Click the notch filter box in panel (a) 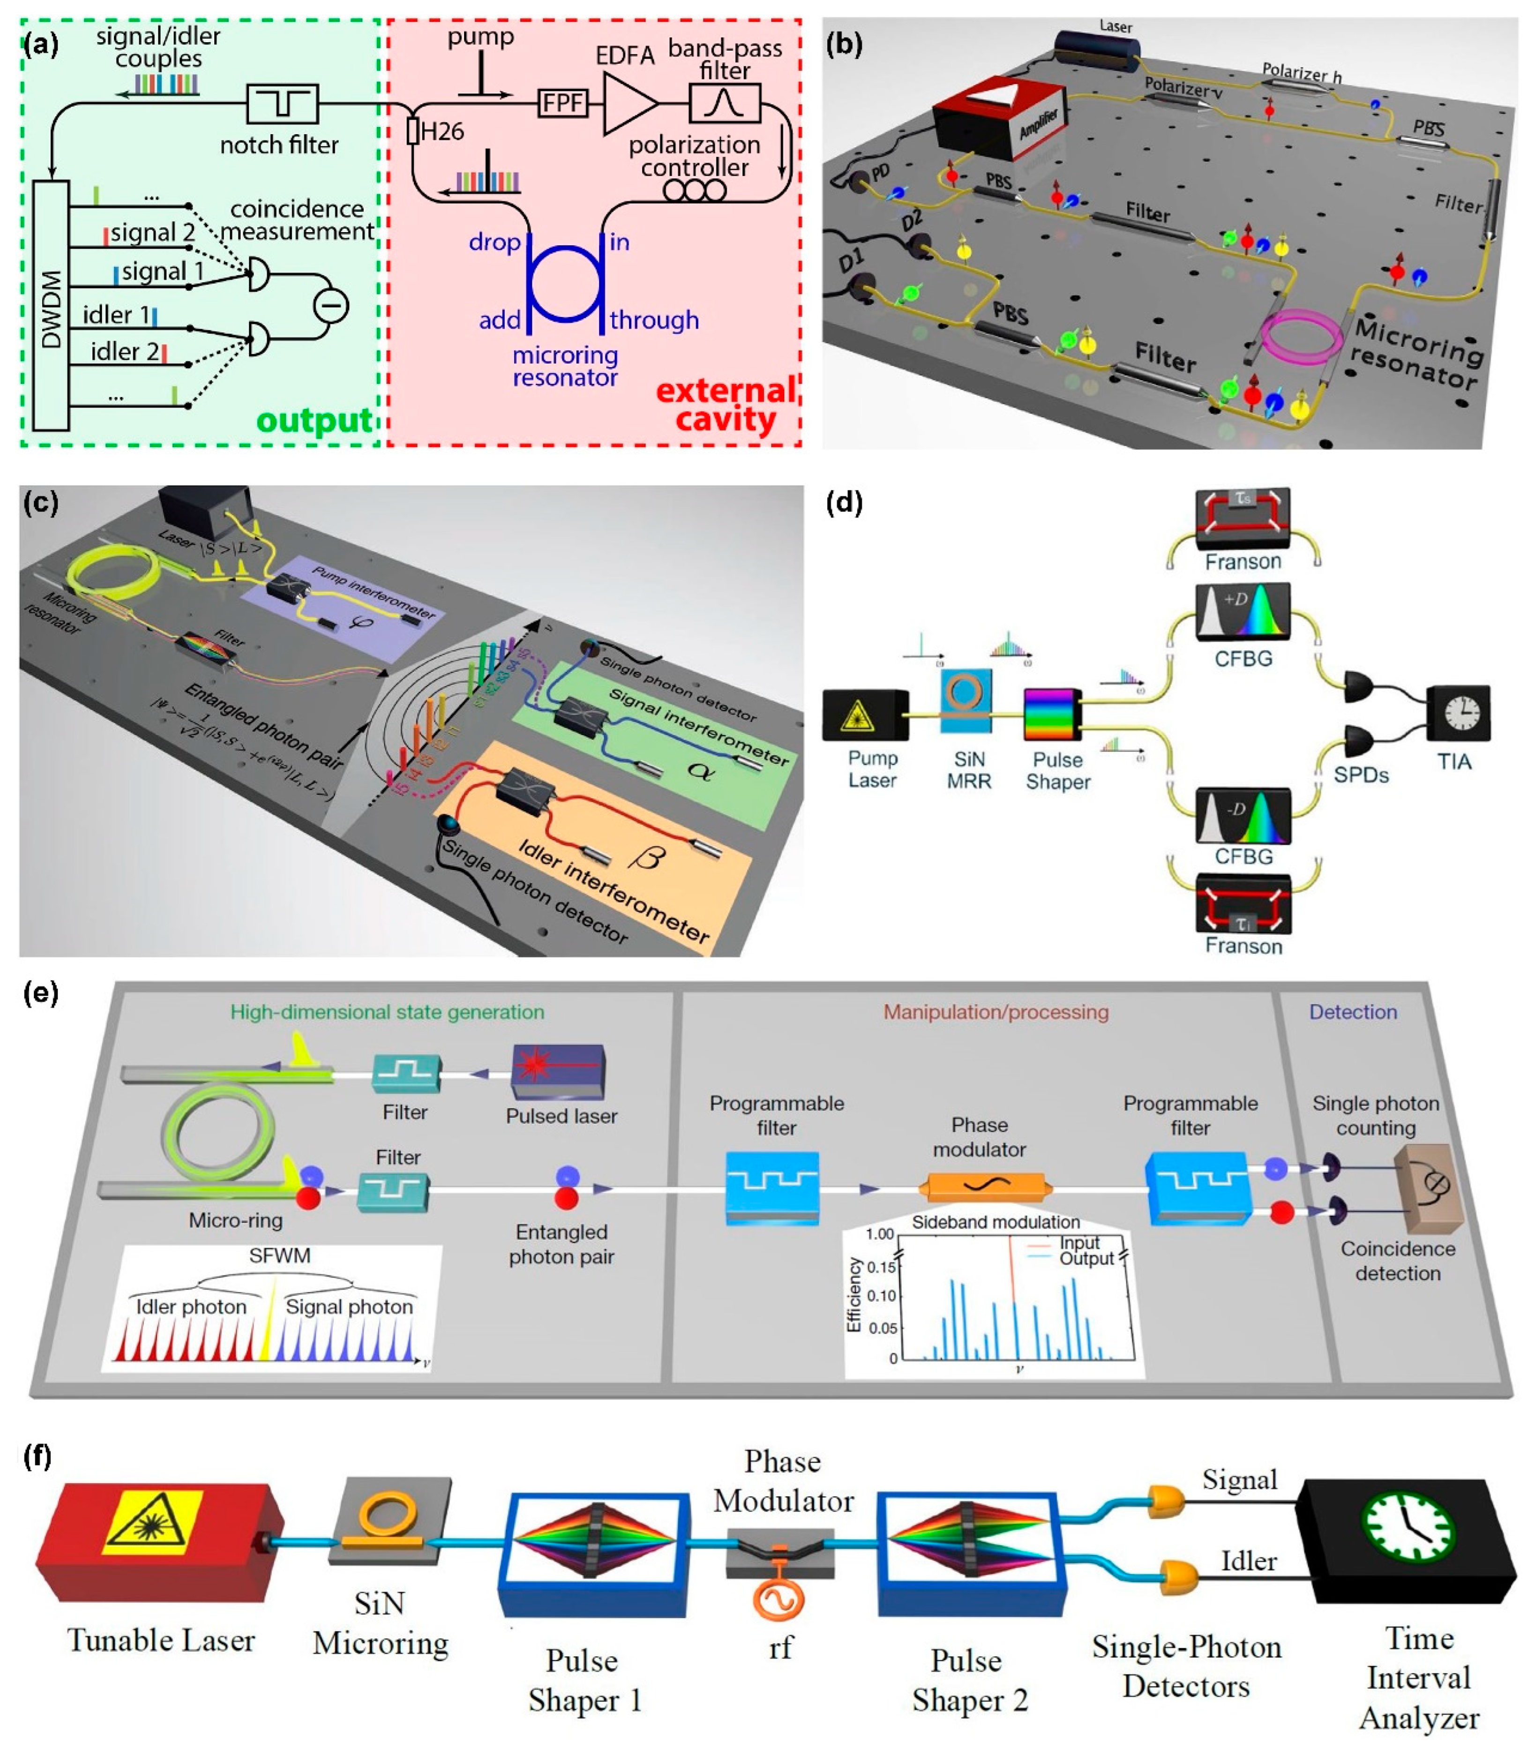pos(282,104)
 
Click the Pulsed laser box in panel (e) pos(558,1071)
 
